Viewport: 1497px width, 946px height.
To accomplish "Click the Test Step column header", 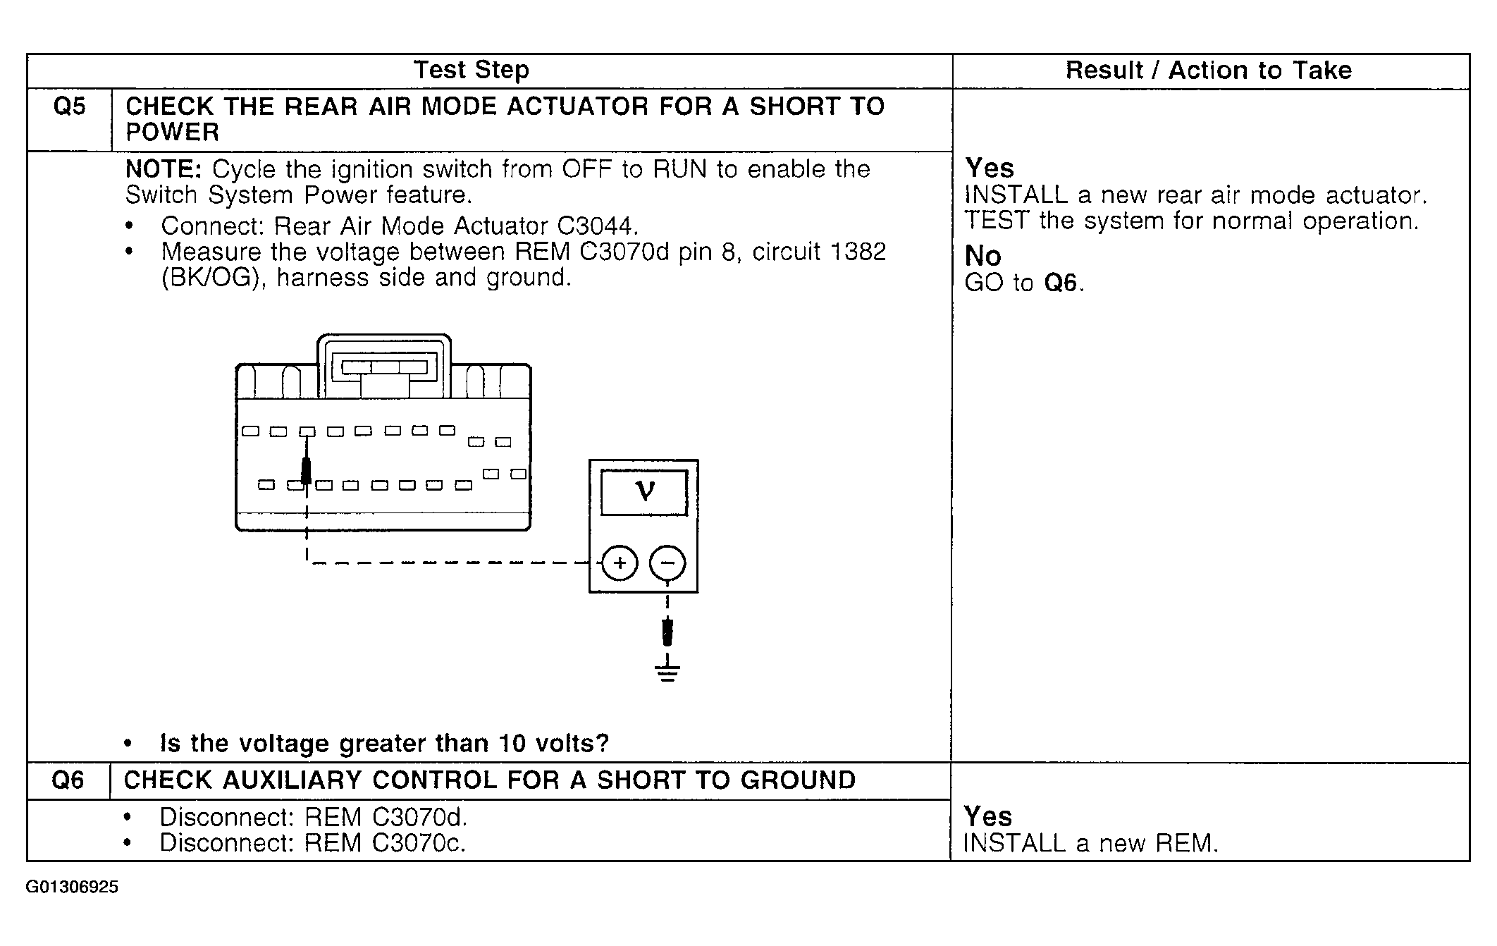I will tap(471, 70).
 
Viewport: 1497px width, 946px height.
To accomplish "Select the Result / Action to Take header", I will tap(1208, 70).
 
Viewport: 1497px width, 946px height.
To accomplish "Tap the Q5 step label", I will tap(69, 107).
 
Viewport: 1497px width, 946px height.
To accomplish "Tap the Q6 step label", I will tap(68, 780).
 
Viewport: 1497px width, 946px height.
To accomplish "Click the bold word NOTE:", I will tap(164, 169).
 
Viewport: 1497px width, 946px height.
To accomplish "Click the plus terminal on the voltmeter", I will tap(620, 563).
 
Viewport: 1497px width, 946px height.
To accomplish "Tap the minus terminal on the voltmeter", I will tap(667, 563).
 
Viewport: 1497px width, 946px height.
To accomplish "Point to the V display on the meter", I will tap(644, 491).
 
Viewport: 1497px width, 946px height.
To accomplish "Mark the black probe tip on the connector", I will tap(307, 471).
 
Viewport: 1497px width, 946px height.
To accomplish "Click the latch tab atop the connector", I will tap(384, 367).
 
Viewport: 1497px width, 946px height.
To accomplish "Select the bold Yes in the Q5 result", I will tap(990, 168).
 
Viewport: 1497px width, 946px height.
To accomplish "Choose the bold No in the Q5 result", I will tap(982, 255).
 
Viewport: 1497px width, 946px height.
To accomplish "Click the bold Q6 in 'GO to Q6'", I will tap(1061, 283).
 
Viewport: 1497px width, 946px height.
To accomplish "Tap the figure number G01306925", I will tap(72, 887).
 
